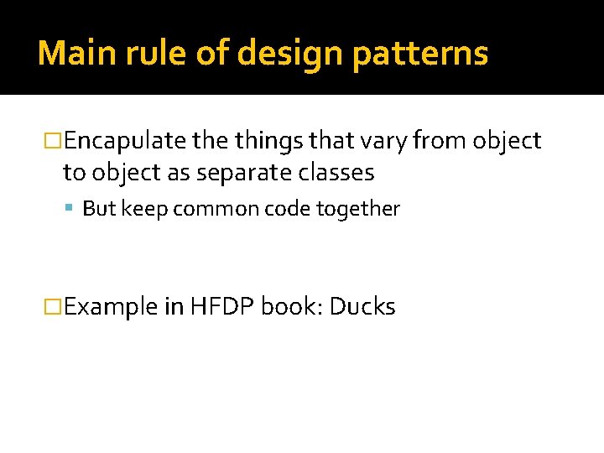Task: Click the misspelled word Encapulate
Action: point(125,142)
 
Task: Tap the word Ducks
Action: point(362,307)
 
